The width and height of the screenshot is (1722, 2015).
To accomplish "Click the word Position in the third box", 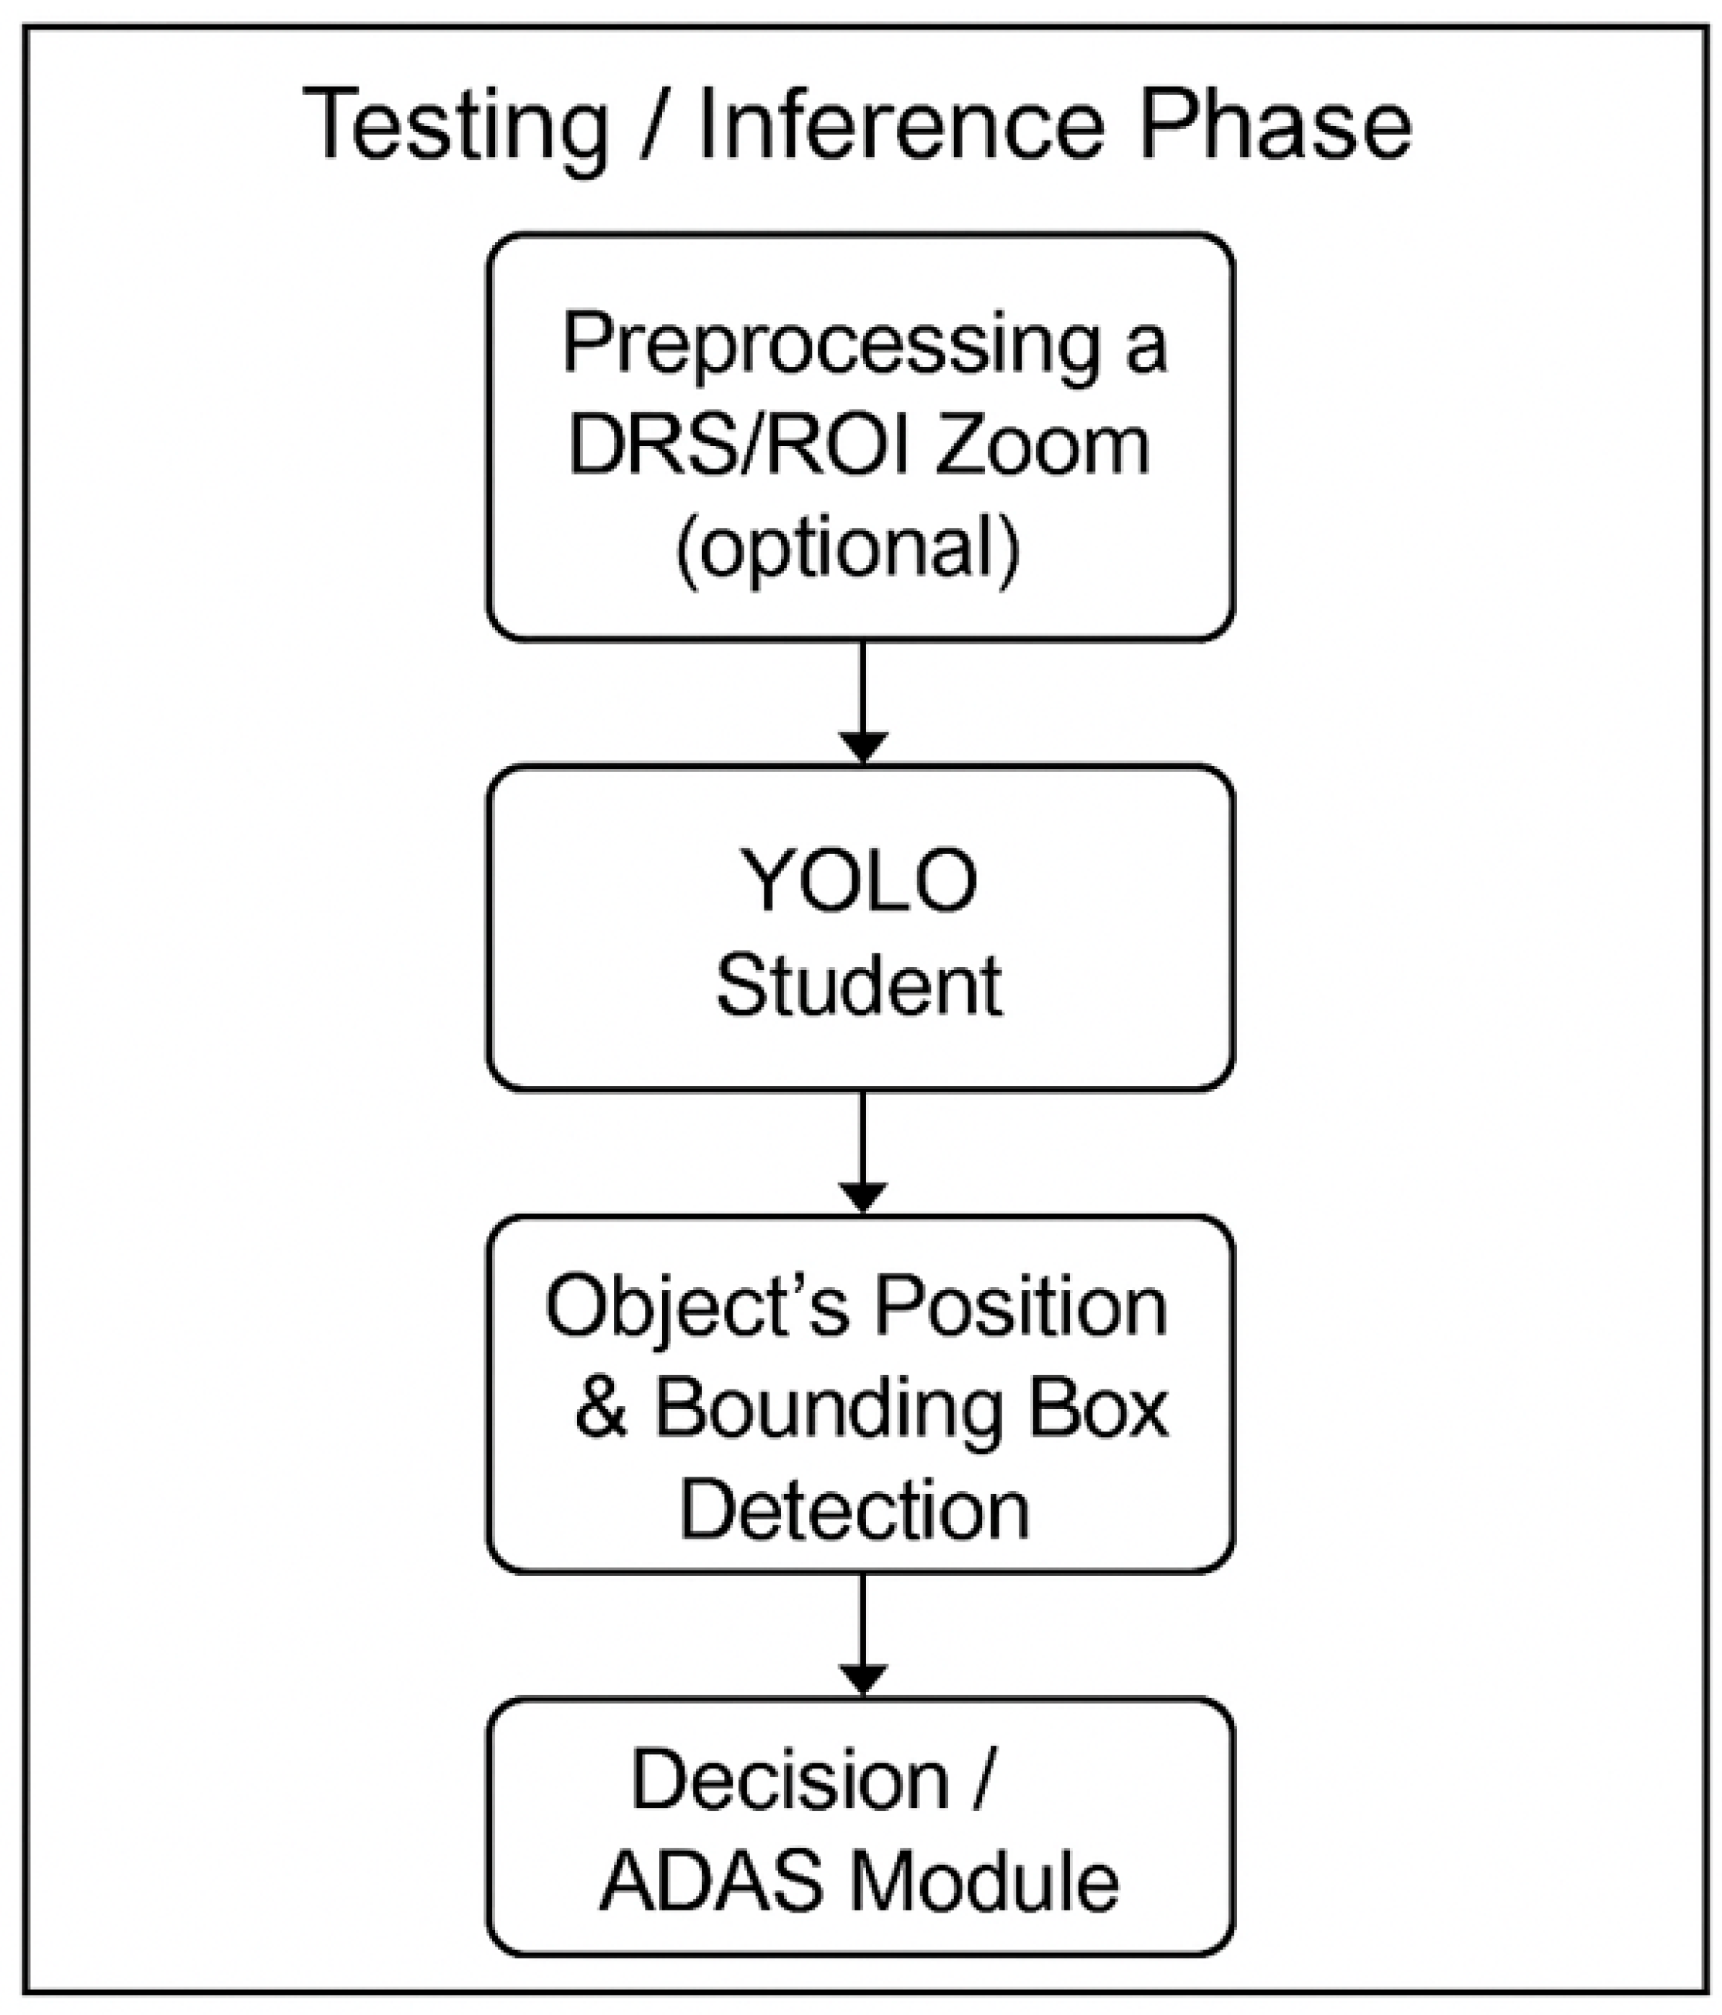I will click(1020, 1307).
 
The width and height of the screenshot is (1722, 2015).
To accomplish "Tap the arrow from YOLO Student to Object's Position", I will click(862, 1152).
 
